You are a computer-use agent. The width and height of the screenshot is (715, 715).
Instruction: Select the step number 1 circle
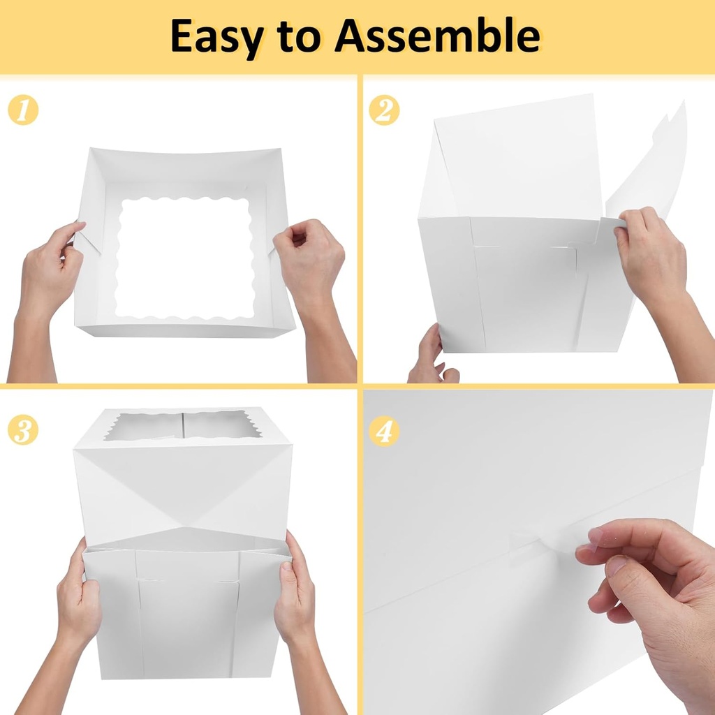(x=23, y=111)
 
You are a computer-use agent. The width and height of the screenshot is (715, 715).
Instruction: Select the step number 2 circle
(x=384, y=111)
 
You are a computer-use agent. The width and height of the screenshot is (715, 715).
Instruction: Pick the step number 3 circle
(x=23, y=430)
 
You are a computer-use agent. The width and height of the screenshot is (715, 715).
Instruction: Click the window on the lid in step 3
(x=184, y=425)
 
